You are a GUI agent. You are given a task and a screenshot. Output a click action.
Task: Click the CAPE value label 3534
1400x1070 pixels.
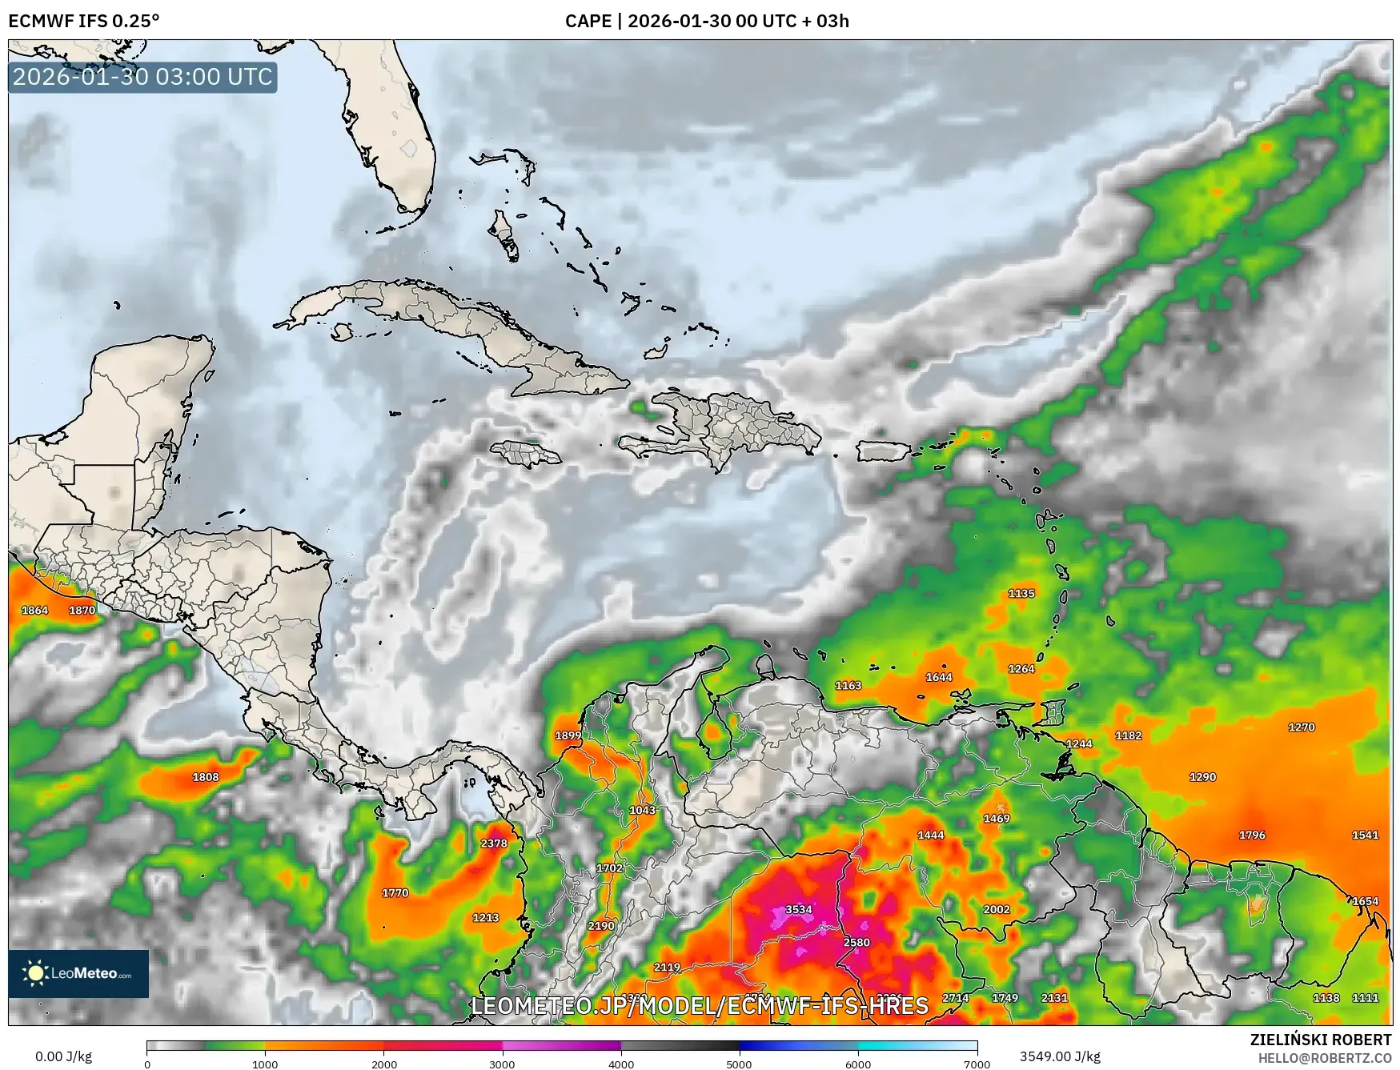tap(798, 909)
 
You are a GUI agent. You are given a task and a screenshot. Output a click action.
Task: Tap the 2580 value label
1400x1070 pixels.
tap(856, 942)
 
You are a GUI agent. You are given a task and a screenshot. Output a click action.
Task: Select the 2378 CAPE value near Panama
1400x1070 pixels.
tap(494, 843)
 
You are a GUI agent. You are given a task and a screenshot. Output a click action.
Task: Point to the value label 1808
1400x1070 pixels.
tap(206, 776)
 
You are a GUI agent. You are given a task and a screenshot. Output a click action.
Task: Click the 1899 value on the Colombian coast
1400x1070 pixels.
tap(568, 735)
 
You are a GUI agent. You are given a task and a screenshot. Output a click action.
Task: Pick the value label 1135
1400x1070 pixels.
tap(1021, 593)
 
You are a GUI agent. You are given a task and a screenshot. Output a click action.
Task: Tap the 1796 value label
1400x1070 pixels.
tap(1252, 835)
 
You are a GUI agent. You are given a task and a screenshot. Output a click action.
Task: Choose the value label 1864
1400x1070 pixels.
tap(34, 610)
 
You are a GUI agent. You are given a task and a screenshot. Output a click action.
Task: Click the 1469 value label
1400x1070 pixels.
tap(997, 818)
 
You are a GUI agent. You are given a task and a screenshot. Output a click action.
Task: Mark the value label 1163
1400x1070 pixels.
tap(848, 685)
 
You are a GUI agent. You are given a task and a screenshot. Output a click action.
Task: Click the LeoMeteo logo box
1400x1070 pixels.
tap(78, 973)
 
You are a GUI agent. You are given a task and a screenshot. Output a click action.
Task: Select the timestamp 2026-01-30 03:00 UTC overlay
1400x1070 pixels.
tap(142, 77)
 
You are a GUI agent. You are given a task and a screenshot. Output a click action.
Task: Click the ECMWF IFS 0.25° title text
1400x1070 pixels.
tap(84, 21)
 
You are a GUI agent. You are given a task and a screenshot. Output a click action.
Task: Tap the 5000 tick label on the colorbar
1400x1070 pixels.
tap(739, 1064)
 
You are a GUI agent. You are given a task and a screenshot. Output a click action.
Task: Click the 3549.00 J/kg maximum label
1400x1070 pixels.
tap(1059, 1056)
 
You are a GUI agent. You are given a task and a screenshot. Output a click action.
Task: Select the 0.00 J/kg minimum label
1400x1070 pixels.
tap(63, 1056)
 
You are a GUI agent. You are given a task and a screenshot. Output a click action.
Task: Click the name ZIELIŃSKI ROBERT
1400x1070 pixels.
tap(1320, 1040)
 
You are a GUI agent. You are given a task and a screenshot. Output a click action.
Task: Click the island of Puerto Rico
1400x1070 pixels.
tap(885, 451)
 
